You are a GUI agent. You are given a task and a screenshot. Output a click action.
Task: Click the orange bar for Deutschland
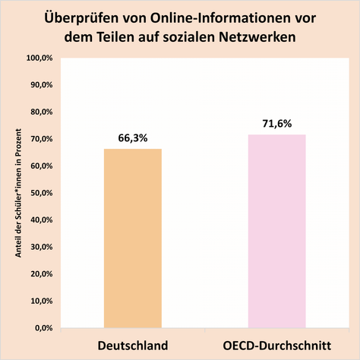pyautogui.click(x=133, y=238)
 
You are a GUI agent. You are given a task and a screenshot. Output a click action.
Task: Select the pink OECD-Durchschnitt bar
pyautogui.click(x=276, y=231)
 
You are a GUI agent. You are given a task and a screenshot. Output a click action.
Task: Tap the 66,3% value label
pyautogui.click(x=133, y=138)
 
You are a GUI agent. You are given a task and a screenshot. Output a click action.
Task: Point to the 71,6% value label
pyautogui.click(x=276, y=124)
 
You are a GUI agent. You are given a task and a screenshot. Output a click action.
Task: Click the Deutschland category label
pyautogui.click(x=133, y=345)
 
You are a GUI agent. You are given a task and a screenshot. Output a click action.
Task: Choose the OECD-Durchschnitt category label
pyautogui.click(x=276, y=345)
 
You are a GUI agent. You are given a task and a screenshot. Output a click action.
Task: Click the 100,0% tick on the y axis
pyautogui.click(x=38, y=58)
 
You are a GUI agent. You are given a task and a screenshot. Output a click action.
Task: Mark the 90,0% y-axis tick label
pyautogui.click(x=39, y=85)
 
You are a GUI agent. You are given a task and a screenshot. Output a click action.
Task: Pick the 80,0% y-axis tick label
pyautogui.click(x=39, y=112)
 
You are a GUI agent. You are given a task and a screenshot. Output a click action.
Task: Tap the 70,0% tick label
pyautogui.click(x=39, y=139)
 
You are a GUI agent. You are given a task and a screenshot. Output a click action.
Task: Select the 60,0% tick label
pyautogui.click(x=39, y=166)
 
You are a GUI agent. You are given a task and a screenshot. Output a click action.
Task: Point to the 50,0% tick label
pyautogui.click(x=39, y=193)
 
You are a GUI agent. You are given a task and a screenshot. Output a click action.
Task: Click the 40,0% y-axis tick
pyautogui.click(x=39, y=219)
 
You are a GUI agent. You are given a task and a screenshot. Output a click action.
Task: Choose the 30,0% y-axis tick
pyautogui.click(x=39, y=247)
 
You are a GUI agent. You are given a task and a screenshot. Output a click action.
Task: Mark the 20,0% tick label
pyautogui.click(x=39, y=273)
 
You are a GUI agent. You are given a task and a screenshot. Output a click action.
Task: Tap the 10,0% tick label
pyautogui.click(x=39, y=301)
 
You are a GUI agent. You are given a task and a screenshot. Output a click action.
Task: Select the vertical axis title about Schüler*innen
pyautogui.click(x=17, y=193)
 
